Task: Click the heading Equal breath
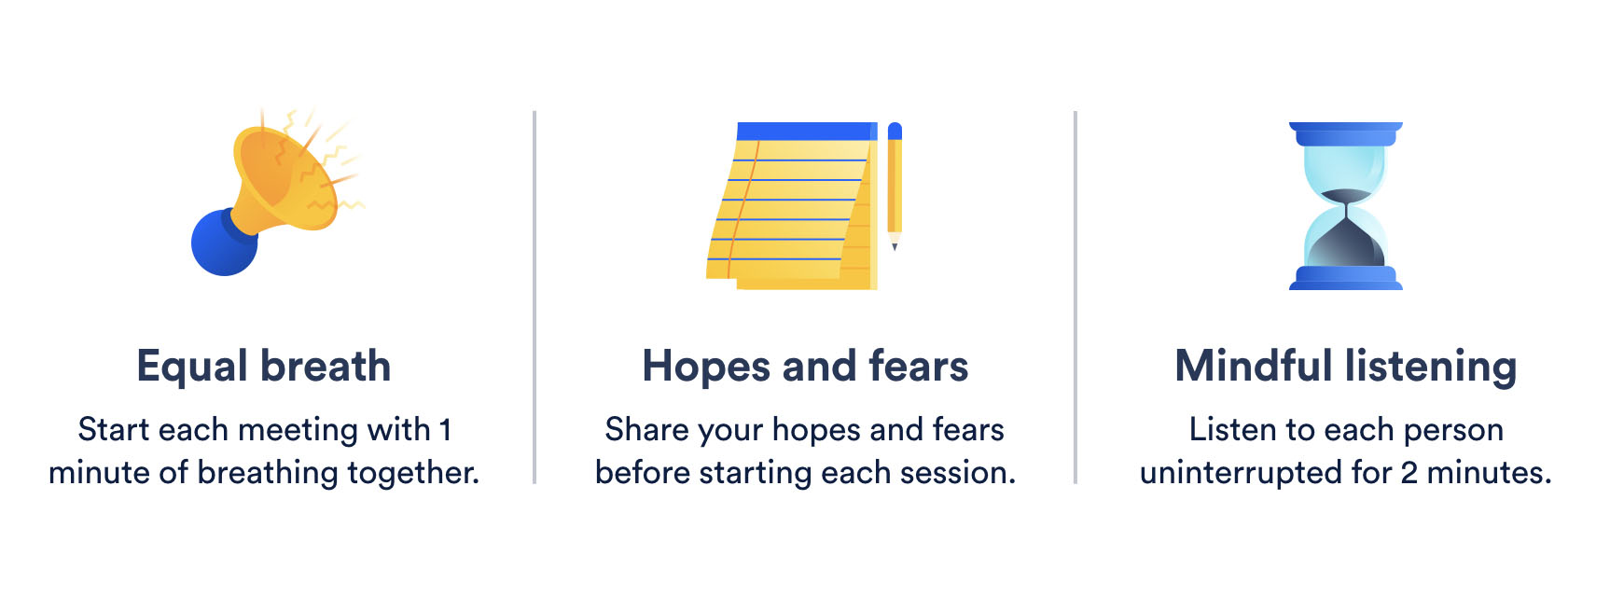263,366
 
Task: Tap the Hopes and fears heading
805,366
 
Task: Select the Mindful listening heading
1345,366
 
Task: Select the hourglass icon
1345,205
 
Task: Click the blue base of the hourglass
1345,278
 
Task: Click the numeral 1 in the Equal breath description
445,430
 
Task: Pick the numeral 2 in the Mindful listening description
1409,473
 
